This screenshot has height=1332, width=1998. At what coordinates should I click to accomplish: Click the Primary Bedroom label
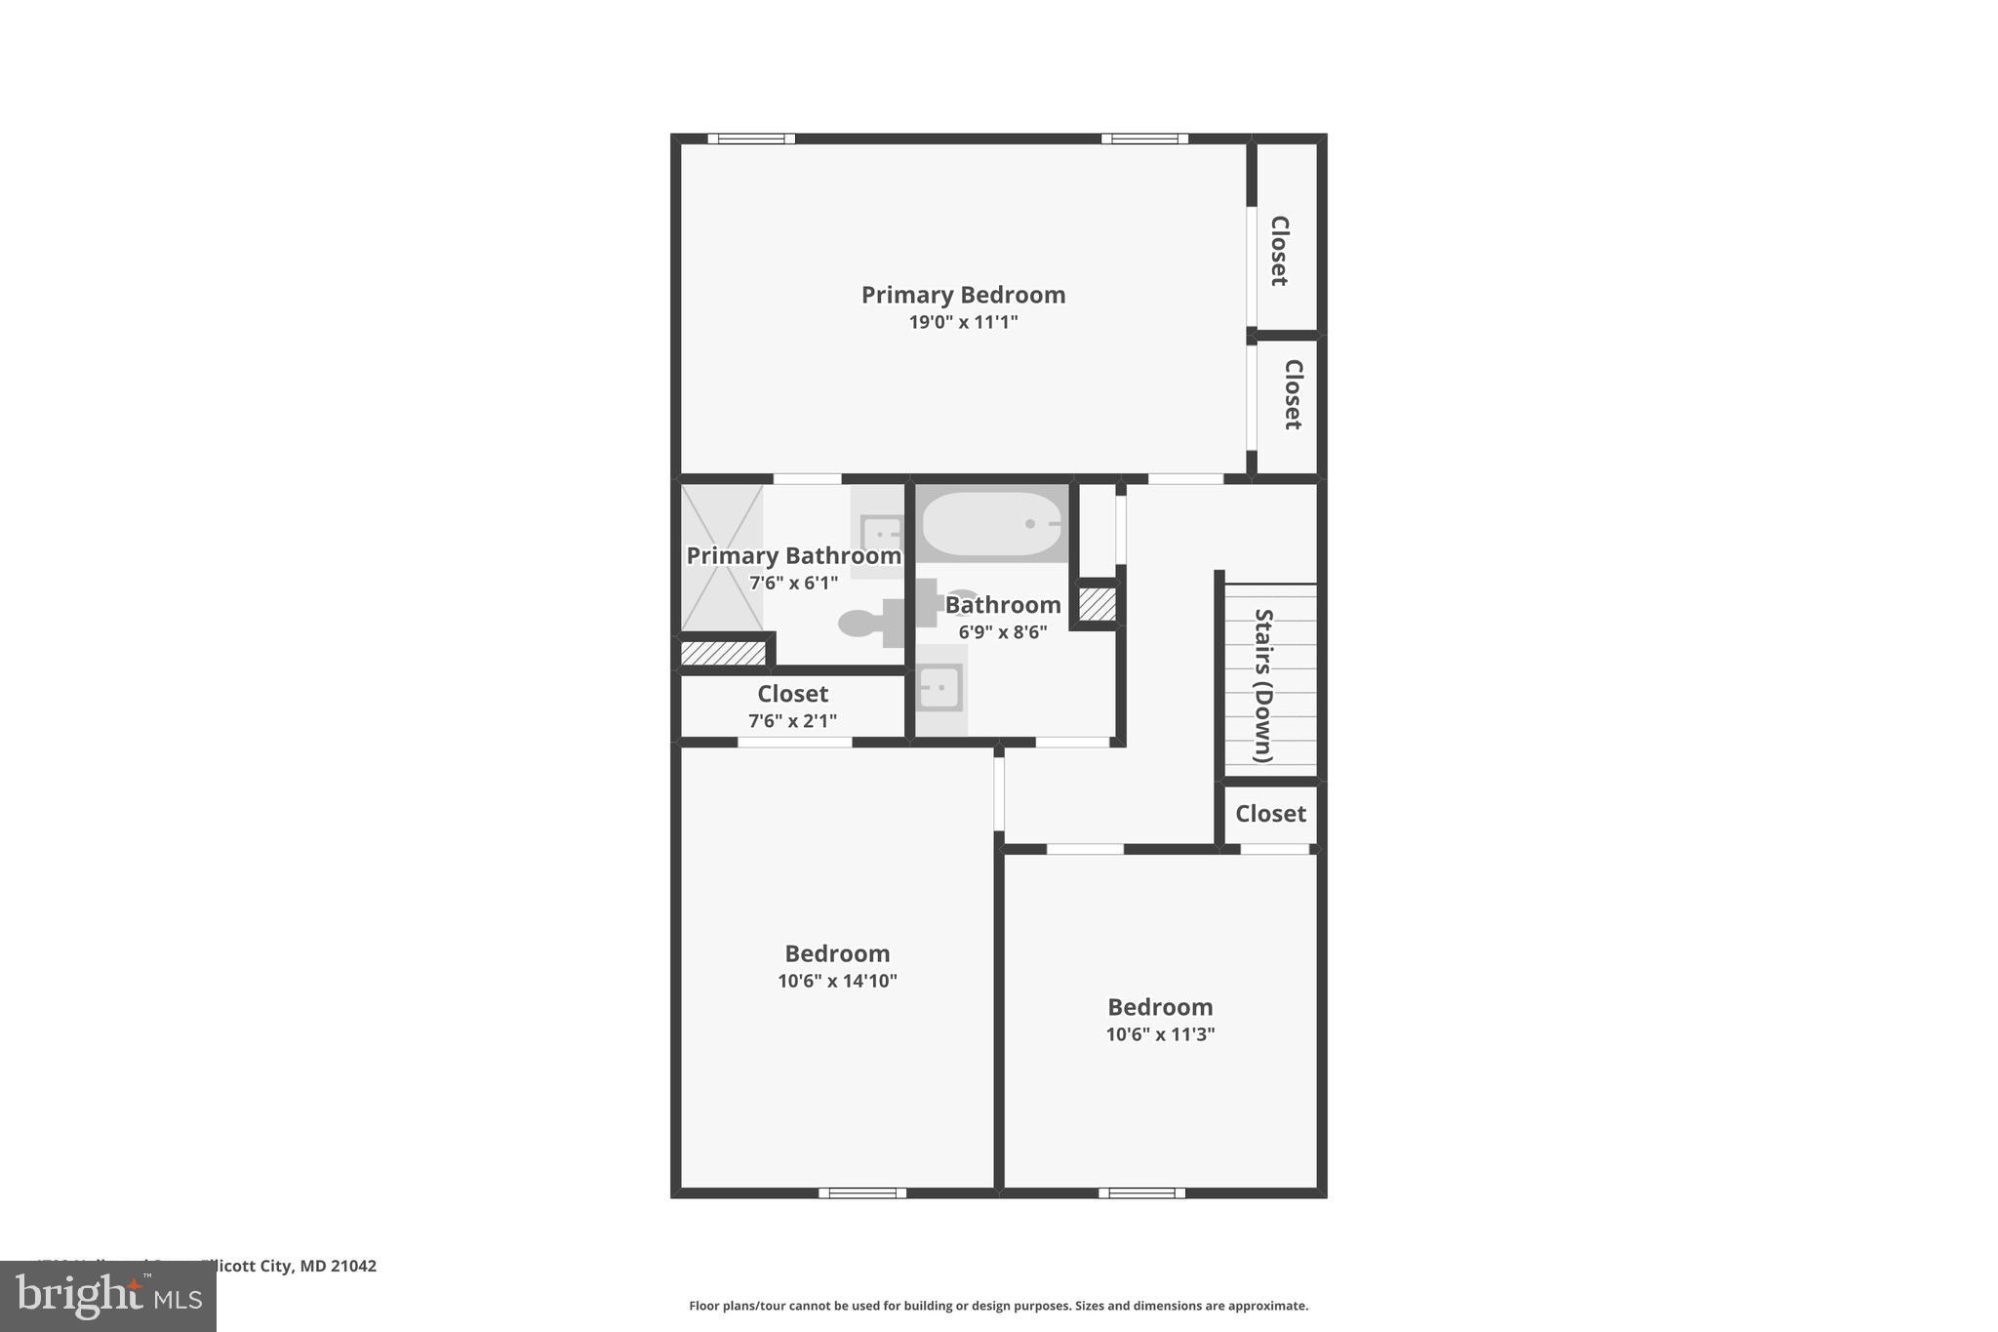point(963,295)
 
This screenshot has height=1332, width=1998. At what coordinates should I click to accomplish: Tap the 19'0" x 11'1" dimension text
point(963,322)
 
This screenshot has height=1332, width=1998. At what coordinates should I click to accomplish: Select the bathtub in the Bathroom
point(991,524)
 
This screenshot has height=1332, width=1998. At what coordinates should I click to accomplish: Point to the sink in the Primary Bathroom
point(881,534)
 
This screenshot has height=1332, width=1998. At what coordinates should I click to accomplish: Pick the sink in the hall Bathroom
point(939,688)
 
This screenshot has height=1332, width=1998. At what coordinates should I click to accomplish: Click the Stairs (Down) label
point(1263,685)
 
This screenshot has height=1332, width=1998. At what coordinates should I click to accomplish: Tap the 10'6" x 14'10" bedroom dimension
point(837,981)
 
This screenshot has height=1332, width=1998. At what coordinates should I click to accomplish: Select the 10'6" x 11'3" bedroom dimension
point(1160,1034)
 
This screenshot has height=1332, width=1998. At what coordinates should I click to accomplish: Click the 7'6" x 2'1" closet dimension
point(792,721)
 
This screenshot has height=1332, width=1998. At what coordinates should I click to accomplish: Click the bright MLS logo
point(108,1297)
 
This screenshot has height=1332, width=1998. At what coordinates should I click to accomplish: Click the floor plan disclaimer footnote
point(998,1306)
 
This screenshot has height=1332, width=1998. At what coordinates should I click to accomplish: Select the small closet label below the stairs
point(1270,814)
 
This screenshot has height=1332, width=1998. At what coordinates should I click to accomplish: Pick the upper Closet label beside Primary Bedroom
point(1279,251)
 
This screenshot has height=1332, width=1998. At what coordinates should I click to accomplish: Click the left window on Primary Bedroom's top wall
point(751,139)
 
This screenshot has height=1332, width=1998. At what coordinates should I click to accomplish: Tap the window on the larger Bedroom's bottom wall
point(862,1192)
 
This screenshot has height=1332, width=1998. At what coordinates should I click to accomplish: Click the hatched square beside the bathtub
point(1098,604)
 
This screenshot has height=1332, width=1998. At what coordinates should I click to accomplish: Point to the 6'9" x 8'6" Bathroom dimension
point(1002,632)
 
